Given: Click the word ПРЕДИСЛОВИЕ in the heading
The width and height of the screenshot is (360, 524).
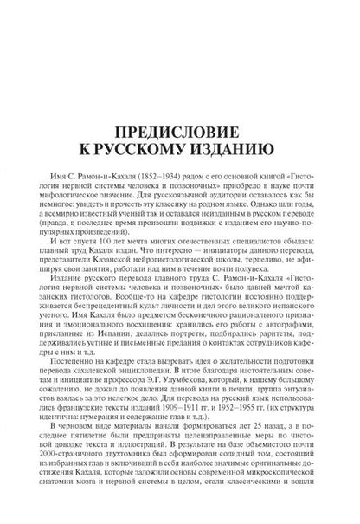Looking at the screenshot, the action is [x=179, y=112].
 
